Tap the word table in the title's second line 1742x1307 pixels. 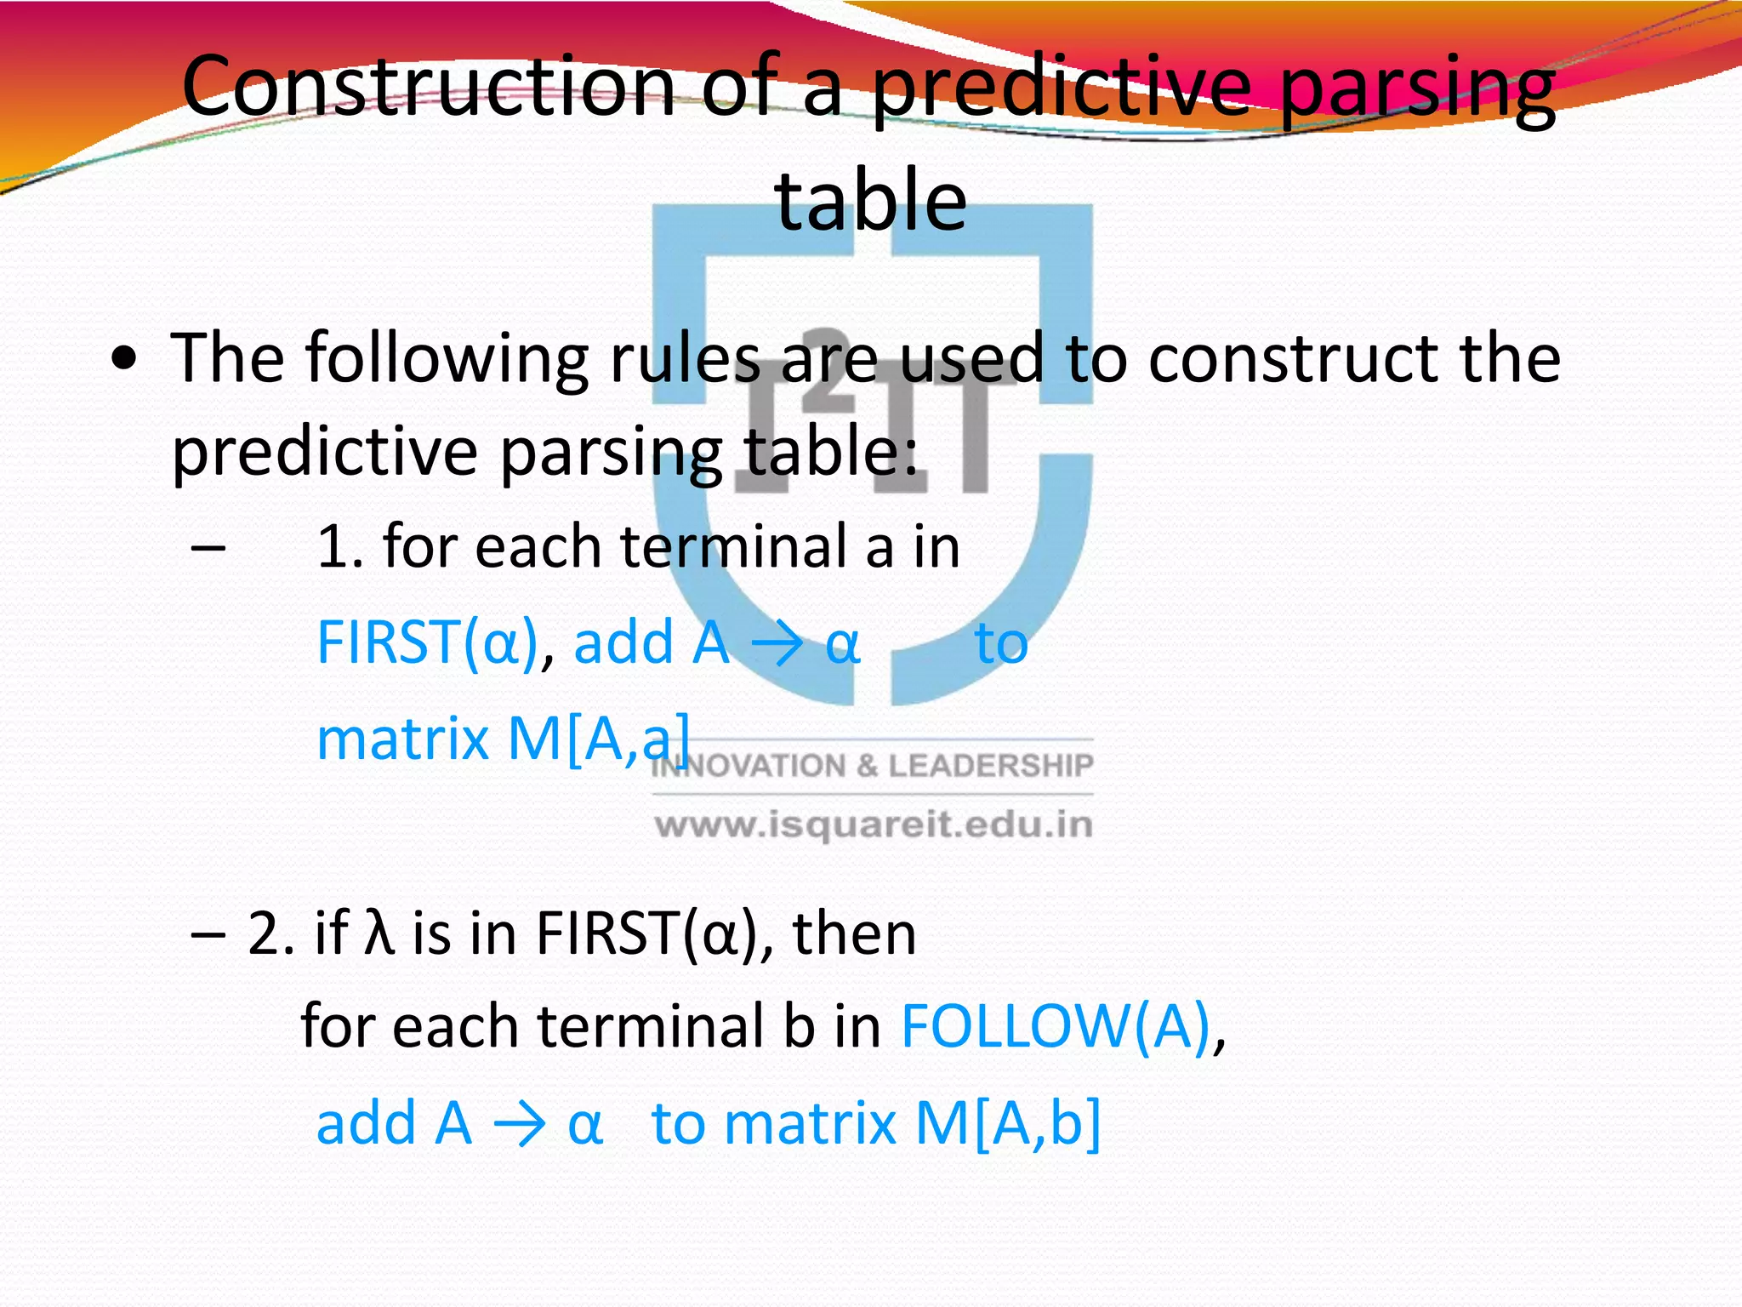coord(870,201)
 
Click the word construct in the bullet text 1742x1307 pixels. coord(1293,358)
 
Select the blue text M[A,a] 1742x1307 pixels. coord(599,739)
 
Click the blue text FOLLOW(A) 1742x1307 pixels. coord(1056,1026)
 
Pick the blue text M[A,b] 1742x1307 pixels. coord(1007,1123)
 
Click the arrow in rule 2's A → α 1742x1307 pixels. coord(520,1125)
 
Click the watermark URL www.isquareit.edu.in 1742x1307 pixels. coord(874,825)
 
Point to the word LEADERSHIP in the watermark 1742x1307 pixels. coord(990,766)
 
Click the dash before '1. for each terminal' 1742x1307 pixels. coord(208,548)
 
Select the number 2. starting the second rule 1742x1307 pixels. coord(271,933)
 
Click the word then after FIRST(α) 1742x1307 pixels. coord(854,933)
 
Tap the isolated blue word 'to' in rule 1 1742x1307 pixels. coord(1001,644)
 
